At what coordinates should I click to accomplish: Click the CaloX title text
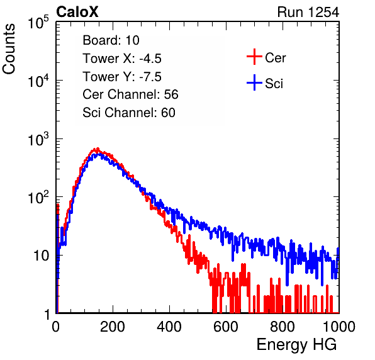(x=77, y=12)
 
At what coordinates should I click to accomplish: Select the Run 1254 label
(x=308, y=12)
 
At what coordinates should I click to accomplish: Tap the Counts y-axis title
(x=9, y=48)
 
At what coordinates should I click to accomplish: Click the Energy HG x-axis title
(x=296, y=345)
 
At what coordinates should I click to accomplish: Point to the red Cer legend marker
(x=254, y=57)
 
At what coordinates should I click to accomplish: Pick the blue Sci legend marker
(x=254, y=82)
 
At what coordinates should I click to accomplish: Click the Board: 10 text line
(x=111, y=40)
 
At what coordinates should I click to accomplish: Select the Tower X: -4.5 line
(x=122, y=59)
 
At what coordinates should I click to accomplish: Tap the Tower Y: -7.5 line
(x=122, y=77)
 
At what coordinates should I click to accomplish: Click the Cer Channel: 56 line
(x=130, y=94)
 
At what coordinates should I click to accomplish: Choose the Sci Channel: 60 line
(x=128, y=113)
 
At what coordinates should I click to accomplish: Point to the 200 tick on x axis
(x=113, y=327)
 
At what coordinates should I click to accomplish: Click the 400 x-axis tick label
(x=169, y=327)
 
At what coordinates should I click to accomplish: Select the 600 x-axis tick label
(x=226, y=327)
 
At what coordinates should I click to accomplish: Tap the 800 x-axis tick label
(x=283, y=327)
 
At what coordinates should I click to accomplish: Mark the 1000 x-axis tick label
(x=339, y=327)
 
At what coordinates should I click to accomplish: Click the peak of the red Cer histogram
(x=98, y=149)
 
